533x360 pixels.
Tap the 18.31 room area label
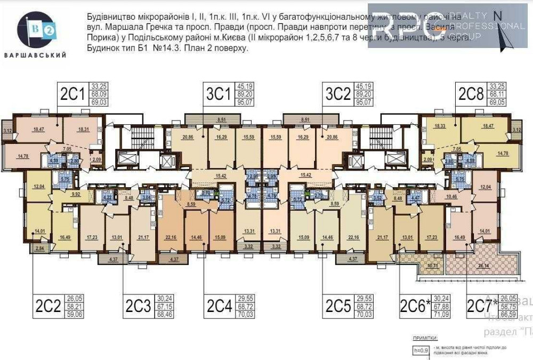83,129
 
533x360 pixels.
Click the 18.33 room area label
440,126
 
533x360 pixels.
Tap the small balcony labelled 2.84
39,249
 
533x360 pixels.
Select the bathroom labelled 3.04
147,197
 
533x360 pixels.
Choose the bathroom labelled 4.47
416,197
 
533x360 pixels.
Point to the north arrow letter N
497,15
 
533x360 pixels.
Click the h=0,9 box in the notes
421,350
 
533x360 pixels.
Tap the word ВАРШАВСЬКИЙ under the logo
35,55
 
